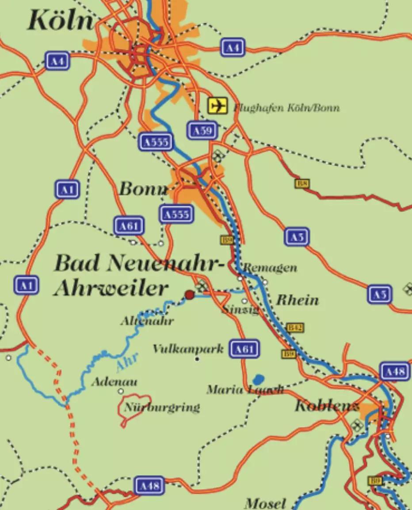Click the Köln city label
click(61, 21)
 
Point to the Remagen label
click(270, 267)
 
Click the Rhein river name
click(298, 300)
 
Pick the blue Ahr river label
click(127, 362)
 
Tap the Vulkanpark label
click(188, 349)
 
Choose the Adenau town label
click(114, 381)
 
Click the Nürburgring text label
click(162, 407)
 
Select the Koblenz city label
click(326, 406)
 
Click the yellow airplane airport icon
click(217, 106)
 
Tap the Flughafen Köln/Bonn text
click(286, 107)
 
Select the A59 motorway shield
click(202, 130)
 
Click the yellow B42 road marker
click(295, 327)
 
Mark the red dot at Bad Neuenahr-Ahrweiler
click(189, 295)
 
